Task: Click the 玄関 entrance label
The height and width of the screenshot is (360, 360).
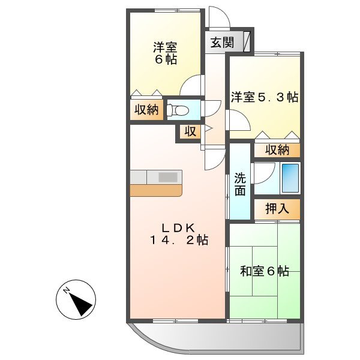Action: (x=222, y=43)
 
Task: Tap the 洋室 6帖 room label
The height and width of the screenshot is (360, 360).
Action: (x=164, y=53)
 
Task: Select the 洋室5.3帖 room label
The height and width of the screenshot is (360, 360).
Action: (x=265, y=97)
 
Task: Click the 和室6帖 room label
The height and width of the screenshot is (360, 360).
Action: (x=265, y=271)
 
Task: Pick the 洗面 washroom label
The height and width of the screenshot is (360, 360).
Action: (x=240, y=184)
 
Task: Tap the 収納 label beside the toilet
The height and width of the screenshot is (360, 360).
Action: (x=146, y=110)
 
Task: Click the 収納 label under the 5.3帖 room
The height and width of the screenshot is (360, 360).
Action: (x=276, y=149)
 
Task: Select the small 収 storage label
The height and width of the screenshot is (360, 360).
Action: (x=190, y=132)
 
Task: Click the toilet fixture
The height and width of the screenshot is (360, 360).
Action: (x=178, y=110)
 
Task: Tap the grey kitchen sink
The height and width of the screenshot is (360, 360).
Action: (x=168, y=177)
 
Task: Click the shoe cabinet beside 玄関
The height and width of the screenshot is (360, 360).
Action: (x=246, y=42)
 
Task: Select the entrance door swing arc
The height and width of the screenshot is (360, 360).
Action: (x=216, y=17)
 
